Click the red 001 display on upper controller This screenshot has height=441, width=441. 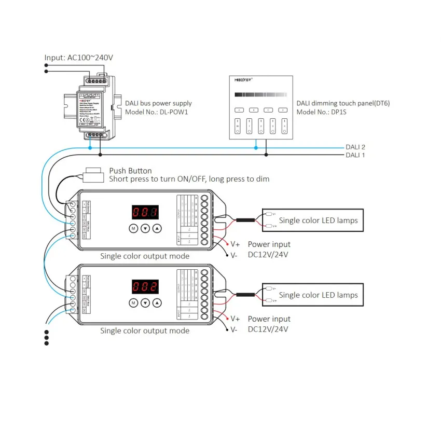(x=145, y=212)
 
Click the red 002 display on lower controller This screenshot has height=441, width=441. (x=145, y=287)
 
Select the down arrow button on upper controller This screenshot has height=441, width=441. (x=145, y=228)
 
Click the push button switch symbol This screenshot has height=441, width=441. (x=93, y=174)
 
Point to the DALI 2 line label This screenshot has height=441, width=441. (x=356, y=147)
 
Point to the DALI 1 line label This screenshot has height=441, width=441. (x=356, y=155)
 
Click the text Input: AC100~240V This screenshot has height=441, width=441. (x=79, y=58)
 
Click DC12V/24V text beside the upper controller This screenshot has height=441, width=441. (x=268, y=254)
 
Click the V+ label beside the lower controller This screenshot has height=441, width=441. (x=235, y=319)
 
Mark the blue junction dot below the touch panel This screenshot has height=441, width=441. (x=256, y=148)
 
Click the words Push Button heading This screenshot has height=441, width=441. (x=130, y=171)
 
